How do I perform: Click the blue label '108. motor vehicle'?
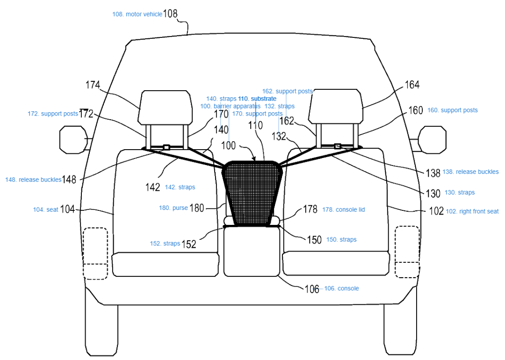137,14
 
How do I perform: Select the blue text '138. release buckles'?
470,172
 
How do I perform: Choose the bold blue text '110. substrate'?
257,99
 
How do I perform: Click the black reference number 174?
93,85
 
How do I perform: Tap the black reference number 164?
412,85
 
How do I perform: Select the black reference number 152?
189,244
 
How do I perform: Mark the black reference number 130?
433,193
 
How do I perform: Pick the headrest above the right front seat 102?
337,106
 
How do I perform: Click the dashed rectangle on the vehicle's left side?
95,253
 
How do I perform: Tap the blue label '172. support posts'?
52,114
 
